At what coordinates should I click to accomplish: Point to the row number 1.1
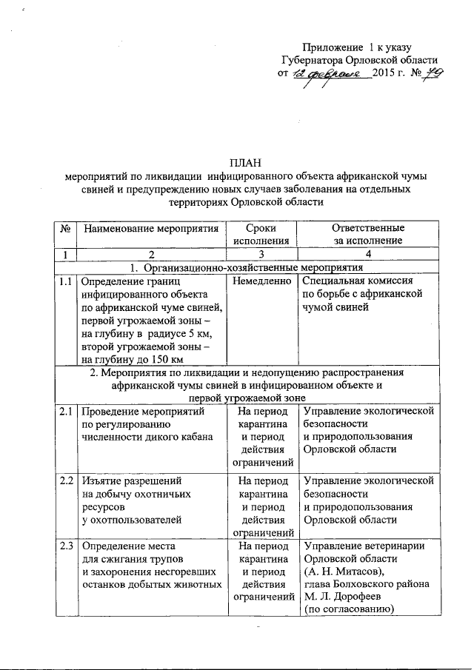(67, 281)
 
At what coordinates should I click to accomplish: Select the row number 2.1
(67, 412)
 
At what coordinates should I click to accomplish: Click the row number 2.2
(67, 480)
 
